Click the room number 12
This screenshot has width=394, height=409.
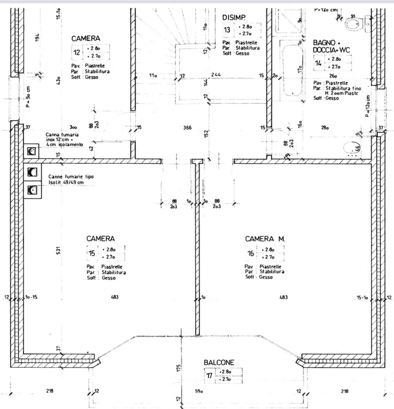(x=77, y=52)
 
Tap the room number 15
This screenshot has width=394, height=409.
(x=92, y=253)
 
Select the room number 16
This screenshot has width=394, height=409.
(x=251, y=253)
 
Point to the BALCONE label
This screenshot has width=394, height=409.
(x=219, y=363)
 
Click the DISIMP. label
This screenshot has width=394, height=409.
(x=234, y=17)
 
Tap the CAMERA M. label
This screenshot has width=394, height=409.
(x=265, y=239)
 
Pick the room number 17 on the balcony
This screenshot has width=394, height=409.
(x=209, y=376)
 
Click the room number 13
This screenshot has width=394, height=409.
(x=227, y=30)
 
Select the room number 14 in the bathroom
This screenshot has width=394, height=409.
(x=318, y=63)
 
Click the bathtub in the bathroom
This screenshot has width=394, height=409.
(x=292, y=71)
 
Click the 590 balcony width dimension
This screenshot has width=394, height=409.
(x=199, y=391)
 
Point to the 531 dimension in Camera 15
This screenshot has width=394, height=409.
(x=58, y=250)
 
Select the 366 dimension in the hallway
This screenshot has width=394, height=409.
(x=187, y=128)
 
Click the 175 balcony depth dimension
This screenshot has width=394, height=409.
(x=178, y=368)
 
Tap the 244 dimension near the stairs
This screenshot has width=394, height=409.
(x=216, y=75)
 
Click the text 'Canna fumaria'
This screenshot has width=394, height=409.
(x=62, y=135)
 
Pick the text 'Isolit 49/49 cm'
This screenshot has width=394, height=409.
(x=66, y=182)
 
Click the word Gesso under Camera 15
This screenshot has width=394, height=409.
(x=109, y=278)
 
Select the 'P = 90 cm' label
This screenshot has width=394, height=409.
(x=28, y=97)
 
